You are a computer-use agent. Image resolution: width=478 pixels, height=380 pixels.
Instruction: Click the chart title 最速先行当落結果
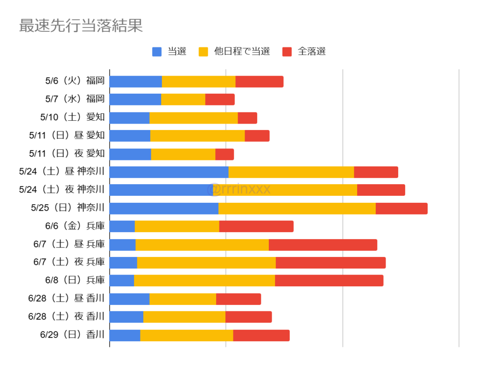(x=81, y=26)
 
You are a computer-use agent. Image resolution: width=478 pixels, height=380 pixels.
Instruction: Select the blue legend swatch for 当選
(x=157, y=52)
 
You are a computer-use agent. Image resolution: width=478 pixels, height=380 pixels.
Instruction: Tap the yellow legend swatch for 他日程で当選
(x=203, y=52)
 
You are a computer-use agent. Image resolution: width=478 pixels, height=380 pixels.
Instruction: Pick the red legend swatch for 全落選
(x=287, y=52)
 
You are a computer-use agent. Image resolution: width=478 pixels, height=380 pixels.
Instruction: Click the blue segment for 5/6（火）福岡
(x=135, y=81)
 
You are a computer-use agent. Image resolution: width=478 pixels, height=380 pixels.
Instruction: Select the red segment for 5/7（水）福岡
(x=220, y=99)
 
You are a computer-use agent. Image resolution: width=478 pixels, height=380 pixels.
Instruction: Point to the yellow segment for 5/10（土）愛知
(x=193, y=117)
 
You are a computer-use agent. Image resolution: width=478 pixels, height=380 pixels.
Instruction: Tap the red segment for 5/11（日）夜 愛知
(x=225, y=154)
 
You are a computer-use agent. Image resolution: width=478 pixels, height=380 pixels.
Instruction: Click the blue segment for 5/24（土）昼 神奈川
(x=169, y=172)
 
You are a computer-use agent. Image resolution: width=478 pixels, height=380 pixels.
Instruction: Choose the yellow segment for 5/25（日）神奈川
(x=297, y=208)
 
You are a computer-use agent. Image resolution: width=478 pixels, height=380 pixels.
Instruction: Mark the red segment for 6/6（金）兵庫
(x=256, y=226)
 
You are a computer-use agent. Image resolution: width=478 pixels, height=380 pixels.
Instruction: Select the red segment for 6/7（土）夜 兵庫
(x=330, y=263)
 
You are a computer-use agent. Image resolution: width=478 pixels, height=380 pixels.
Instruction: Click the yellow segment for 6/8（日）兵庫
(x=204, y=281)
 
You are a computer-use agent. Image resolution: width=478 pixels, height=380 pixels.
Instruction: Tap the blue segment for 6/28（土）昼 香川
(x=129, y=299)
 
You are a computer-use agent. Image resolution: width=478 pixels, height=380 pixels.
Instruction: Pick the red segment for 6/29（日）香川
(x=261, y=335)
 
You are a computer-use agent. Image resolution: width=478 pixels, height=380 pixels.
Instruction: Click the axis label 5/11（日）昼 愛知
(x=67, y=136)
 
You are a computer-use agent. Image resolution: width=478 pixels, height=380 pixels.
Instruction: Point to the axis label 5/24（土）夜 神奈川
(x=62, y=190)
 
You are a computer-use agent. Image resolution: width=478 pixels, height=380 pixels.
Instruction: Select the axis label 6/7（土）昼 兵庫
(x=69, y=244)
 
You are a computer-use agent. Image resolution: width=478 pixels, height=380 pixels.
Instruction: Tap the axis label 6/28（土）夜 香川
(x=66, y=317)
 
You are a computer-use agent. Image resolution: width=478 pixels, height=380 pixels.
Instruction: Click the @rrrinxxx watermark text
(x=239, y=189)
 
